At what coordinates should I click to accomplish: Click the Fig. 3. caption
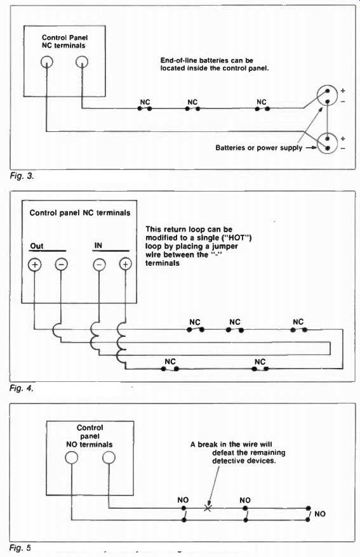coord(22,176)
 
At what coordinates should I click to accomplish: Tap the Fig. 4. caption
coord(22,388)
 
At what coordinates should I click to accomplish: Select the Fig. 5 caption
coord(20,547)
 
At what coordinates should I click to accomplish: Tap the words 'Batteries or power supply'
coord(258,148)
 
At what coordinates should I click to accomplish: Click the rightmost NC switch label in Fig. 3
coord(262,102)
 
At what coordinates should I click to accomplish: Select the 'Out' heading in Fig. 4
coord(37,246)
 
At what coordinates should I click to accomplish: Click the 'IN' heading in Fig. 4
coord(98,245)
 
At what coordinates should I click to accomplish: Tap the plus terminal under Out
coord(35,265)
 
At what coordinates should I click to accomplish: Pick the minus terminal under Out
coord(61,265)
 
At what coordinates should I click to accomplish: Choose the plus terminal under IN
coord(125,265)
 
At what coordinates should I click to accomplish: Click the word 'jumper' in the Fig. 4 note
coord(225,247)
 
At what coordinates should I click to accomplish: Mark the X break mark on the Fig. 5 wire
coord(208,508)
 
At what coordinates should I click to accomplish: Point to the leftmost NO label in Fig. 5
coord(183,500)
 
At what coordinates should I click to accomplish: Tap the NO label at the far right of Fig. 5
coord(320,514)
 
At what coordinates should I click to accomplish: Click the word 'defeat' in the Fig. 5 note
coord(223,452)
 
